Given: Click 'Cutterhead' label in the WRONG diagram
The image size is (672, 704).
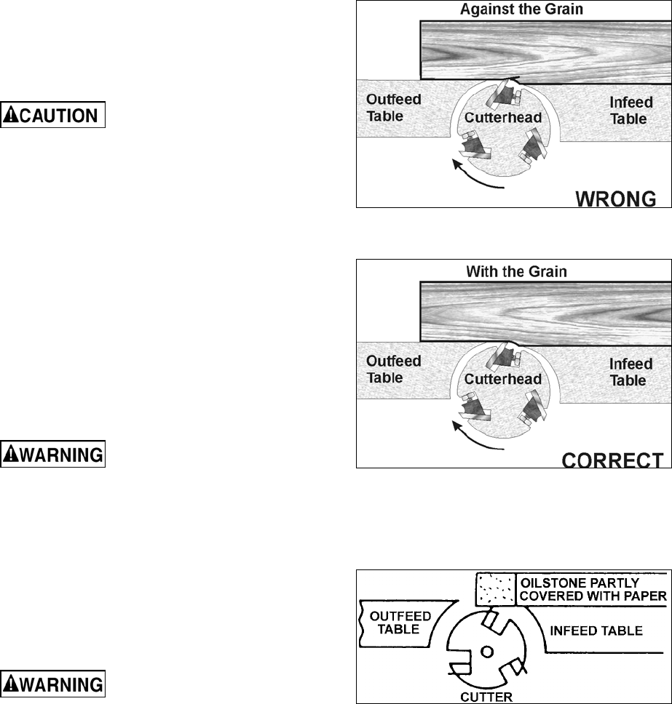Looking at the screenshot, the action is [502, 117].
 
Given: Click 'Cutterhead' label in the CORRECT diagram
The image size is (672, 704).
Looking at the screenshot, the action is [502, 379].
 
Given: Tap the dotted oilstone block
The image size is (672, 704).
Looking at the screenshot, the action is [495, 588].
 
